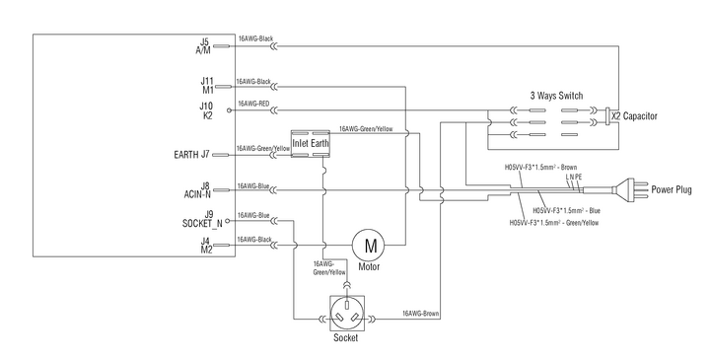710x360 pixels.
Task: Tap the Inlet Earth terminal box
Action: (x=311, y=144)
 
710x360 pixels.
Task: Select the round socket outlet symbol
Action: (x=347, y=314)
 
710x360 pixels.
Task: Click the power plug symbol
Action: (x=628, y=189)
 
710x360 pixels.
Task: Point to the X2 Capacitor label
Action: (x=634, y=116)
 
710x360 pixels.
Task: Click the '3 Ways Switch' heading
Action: (x=556, y=96)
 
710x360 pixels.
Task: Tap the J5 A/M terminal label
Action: (x=203, y=46)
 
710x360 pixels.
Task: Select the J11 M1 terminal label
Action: (x=207, y=86)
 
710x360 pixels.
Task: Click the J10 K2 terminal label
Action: (x=206, y=110)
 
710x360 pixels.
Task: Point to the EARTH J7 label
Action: (x=191, y=155)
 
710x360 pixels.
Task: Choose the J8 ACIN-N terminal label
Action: (x=197, y=190)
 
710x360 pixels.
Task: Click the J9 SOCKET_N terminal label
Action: (x=202, y=219)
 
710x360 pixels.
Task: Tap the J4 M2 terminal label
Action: (x=206, y=245)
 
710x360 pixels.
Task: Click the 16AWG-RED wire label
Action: (x=253, y=105)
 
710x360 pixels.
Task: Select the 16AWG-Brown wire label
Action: (x=421, y=314)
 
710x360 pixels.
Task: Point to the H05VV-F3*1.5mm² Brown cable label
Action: (x=540, y=168)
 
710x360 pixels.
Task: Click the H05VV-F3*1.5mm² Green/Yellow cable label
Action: (x=554, y=223)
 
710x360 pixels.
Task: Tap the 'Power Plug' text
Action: (x=672, y=189)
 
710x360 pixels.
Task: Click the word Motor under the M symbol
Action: (x=369, y=266)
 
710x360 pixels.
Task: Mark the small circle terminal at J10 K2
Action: (x=228, y=110)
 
